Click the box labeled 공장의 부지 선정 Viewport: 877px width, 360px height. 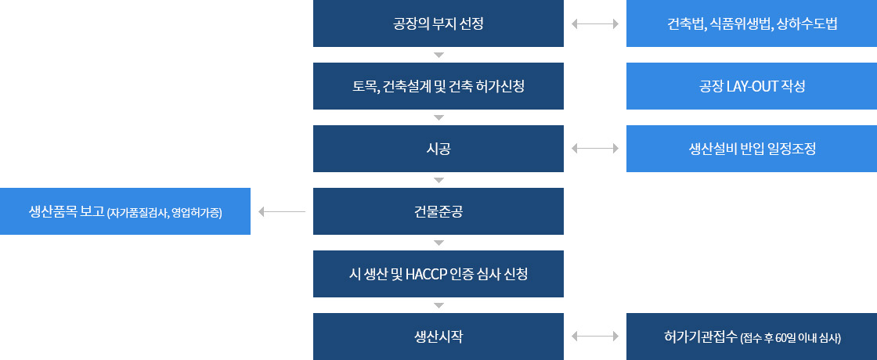coord(438,23)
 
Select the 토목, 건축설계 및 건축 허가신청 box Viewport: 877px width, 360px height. coord(438,86)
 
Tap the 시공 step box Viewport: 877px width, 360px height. coord(438,149)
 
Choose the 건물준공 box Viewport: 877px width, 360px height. coord(438,211)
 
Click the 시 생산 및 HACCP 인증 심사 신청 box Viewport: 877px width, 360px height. coord(438,274)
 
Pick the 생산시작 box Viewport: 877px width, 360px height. coord(438,337)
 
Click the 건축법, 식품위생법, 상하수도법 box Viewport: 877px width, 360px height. coord(752,23)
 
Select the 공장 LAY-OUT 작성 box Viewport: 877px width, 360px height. coord(752,86)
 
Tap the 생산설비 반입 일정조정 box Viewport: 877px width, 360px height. coord(752,149)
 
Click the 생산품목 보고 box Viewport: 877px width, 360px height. coord(125,211)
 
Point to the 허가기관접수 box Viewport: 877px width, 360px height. coord(752,337)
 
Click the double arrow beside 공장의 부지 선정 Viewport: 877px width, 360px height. coord(595,24)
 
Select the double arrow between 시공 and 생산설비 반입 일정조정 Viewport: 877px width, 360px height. coord(595,148)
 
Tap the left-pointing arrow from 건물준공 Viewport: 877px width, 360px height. coord(282,212)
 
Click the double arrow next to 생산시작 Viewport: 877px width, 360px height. coord(595,336)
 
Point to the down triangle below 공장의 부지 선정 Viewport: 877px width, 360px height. coord(438,55)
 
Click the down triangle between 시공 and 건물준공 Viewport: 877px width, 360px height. coord(438,180)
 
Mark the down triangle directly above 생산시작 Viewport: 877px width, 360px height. coord(438,305)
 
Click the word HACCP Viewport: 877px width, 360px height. coord(424,275)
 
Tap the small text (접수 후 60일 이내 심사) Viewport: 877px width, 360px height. coord(790,338)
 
